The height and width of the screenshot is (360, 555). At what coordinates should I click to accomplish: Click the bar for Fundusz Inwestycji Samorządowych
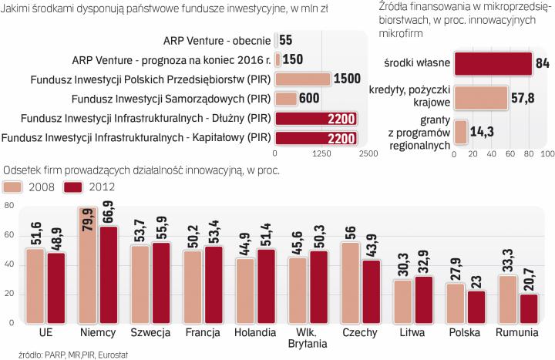[286, 98]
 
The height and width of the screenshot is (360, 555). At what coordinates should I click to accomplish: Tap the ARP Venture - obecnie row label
[217, 39]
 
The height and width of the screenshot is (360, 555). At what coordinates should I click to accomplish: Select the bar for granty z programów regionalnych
[461, 131]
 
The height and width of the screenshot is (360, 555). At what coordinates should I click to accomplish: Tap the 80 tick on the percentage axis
[9, 206]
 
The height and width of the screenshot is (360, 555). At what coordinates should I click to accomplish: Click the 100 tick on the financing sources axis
[546, 153]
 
